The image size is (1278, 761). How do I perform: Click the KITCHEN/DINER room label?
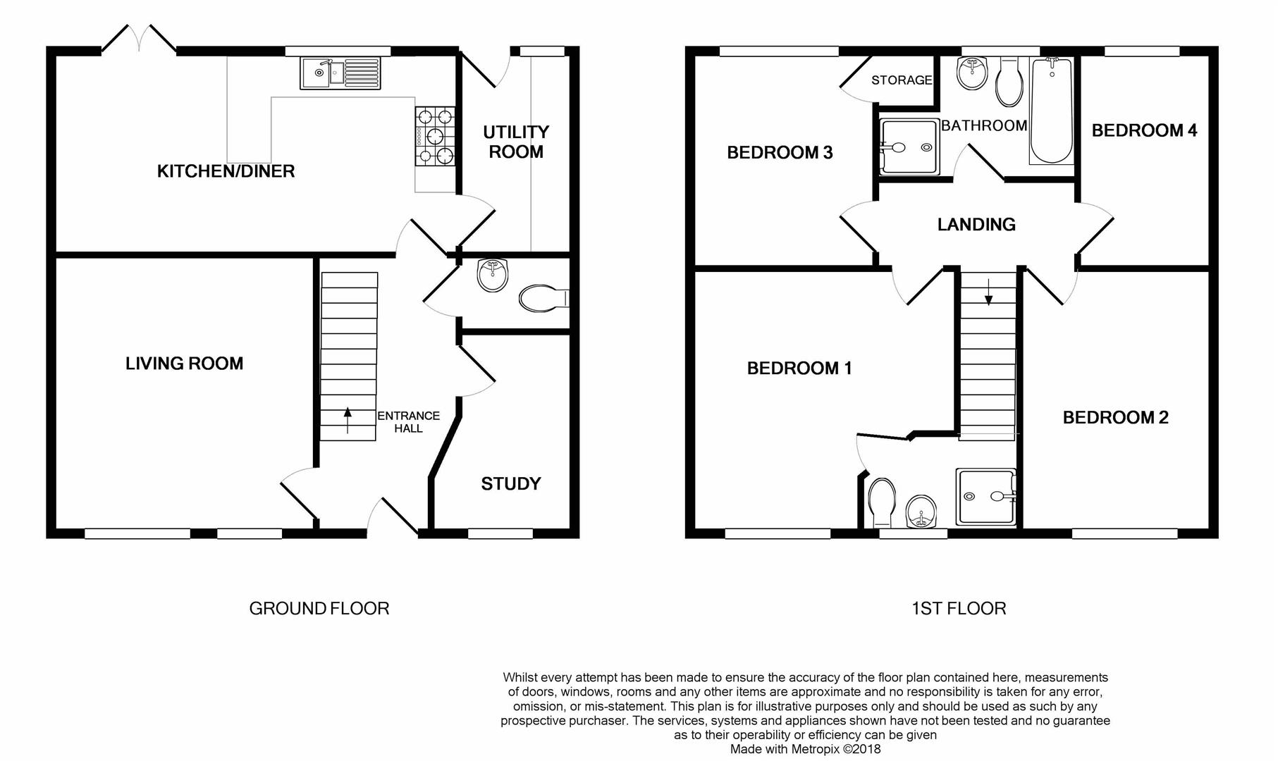226,171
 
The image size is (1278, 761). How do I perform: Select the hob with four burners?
435,136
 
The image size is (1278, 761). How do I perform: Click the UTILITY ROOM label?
516,142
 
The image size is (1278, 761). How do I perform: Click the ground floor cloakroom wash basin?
492,275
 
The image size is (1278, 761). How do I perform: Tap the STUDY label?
510,484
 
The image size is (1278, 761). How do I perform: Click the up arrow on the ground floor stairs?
348,420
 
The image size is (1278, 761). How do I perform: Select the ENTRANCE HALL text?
408,422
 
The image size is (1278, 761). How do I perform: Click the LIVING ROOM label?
184,364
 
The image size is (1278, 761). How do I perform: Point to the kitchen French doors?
139,39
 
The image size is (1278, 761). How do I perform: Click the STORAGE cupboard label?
902,80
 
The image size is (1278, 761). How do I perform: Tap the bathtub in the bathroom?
1051,110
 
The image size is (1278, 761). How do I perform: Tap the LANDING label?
976,225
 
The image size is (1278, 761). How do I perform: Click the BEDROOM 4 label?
1144,130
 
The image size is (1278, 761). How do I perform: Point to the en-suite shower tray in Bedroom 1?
986,497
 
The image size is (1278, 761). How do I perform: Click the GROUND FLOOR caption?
319,609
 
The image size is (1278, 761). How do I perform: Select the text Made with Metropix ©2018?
805,749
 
